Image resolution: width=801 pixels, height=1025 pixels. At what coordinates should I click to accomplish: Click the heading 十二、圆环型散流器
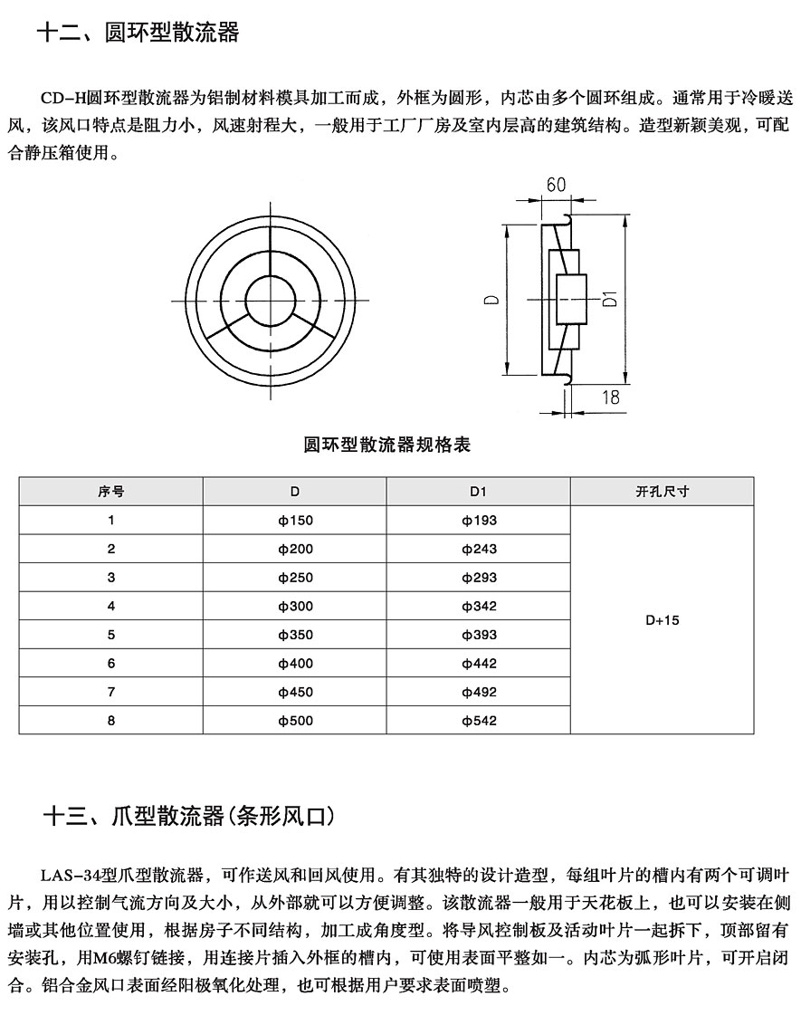tap(138, 34)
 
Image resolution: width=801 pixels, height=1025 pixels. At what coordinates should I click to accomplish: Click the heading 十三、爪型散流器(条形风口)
tap(190, 817)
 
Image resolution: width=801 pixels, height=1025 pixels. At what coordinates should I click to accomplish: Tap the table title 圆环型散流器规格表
tap(386, 445)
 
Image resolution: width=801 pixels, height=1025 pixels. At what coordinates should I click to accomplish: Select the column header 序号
tap(111, 492)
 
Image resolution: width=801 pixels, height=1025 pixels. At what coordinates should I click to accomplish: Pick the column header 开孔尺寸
tap(662, 492)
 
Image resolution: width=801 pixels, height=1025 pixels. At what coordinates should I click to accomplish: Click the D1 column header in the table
tap(479, 492)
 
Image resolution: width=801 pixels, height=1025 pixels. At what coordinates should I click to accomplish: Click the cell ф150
tap(295, 520)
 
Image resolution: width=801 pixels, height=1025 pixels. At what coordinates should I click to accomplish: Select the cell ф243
tap(479, 549)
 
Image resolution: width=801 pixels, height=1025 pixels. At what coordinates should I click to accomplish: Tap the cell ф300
tap(295, 606)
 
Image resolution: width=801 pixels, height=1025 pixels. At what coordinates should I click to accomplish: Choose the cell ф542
tap(479, 721)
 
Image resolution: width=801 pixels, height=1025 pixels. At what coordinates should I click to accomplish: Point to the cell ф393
tap(479, 635)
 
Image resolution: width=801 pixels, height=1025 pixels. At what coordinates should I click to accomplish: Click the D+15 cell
tap(662, 620)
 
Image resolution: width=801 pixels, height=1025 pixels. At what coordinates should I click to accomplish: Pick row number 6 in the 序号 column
tap(111, 664)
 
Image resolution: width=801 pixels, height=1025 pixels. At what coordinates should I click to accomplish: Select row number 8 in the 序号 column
tap(111, 721)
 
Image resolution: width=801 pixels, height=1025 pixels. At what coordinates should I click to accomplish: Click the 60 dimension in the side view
tap(556, 185)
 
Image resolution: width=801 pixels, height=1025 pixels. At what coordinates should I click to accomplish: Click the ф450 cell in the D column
tap(295, 693)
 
